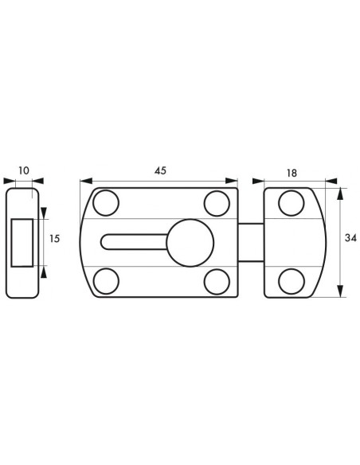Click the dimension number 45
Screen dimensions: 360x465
(160, 170)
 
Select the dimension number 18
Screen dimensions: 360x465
(292, 174)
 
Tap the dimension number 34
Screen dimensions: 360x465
(350, 238)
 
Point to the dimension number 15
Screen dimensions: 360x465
(55, 238)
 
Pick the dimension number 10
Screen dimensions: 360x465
(24, 171)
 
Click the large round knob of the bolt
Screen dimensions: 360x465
(190, 243)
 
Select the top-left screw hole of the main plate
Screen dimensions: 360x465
(106, 203)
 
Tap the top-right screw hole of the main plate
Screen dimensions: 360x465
(217, 204)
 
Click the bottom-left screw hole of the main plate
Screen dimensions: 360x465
(106, 281)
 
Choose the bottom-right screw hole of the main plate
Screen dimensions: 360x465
(217, 282)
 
